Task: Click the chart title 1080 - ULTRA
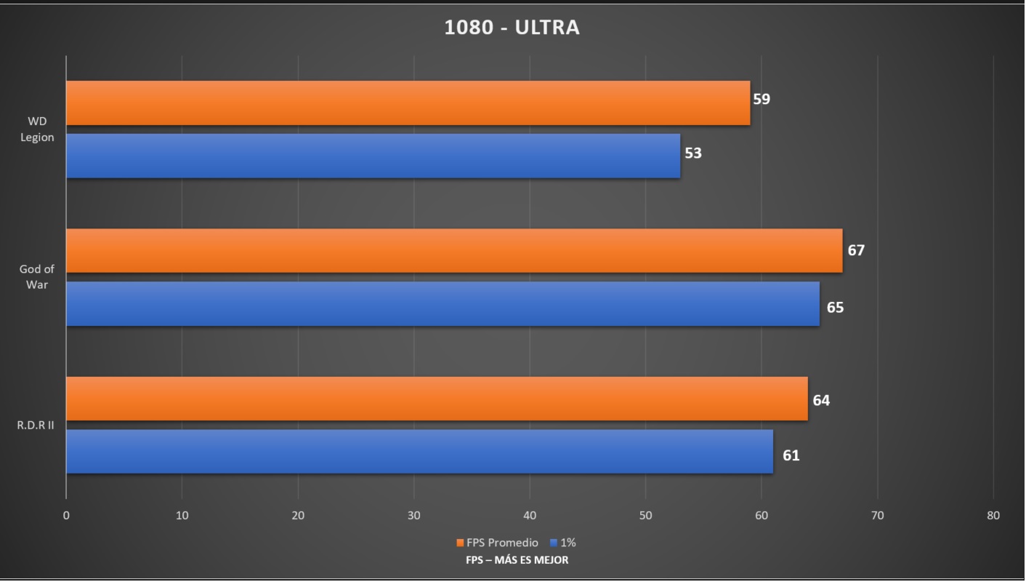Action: [x=512, y=28]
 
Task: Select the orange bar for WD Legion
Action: [x=408, y=103]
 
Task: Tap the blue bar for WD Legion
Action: [x=373, y=156]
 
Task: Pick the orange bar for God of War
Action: [x=454, y=251]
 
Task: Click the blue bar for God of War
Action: [x=443, y=304]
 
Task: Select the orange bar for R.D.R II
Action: [x=437, y=399]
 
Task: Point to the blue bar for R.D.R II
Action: [x=419, y=452]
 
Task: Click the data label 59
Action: [x=761, y=99]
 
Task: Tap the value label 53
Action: [x=692, y=154]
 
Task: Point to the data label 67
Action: [x=856, y=250]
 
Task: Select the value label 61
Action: [x=791, y=455]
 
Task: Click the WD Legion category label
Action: [x=37, y=129]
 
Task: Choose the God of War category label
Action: [x=37, y=277]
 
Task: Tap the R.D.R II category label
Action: [x=36, y=426]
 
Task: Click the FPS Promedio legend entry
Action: [x=498, y=543]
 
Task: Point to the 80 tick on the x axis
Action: [x=993, y=516]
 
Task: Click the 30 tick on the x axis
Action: [x=413, y=516]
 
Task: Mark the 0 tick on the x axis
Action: [x=66, y=516]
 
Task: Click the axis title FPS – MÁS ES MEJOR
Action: [x=517, y=560]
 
